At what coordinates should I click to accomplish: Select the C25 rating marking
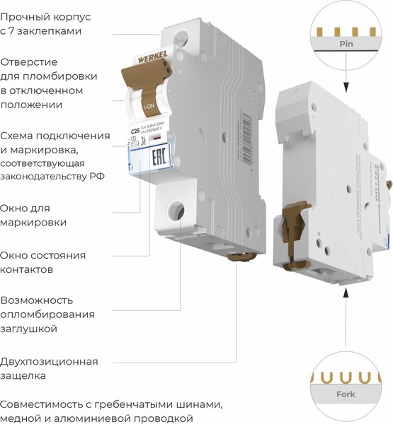[x=135, y=131]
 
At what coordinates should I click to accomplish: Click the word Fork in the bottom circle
[x=346, y=394]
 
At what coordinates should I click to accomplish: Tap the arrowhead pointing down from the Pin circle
[x=346, y=88]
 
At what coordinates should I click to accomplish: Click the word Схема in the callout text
[x=18, y=136]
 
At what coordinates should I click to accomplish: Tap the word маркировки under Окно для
[x=34, y=222]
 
